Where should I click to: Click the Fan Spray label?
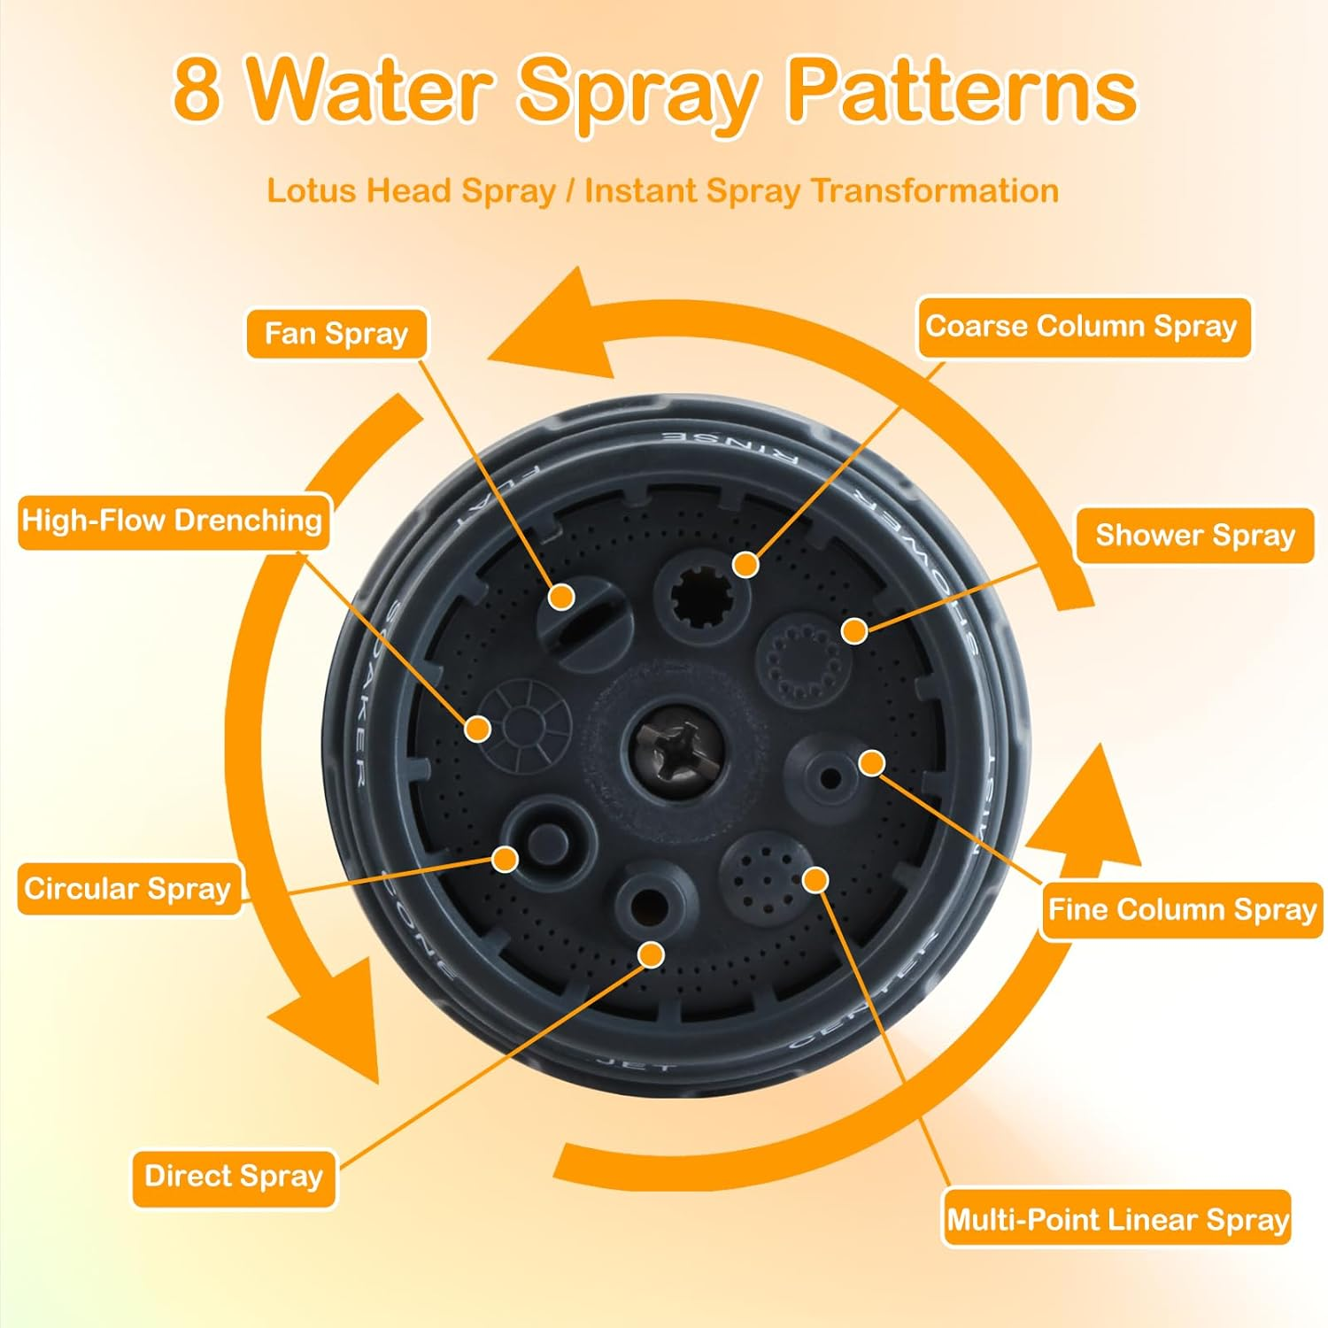(336, 334)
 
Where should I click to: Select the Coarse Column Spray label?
(1083, 327)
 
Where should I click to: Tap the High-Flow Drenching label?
(173, 521)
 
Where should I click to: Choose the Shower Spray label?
(1194, 536)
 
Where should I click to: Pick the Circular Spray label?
(128, 889)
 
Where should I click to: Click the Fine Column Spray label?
(1181, 910)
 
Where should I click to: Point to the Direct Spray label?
(234, 1177)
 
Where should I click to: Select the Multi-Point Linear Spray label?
(1116, 1220)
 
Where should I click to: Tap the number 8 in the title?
(197, 91)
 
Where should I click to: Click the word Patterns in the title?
(961, 91)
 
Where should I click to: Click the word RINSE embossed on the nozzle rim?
(731, 447)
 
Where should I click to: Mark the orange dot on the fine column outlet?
(872, 762)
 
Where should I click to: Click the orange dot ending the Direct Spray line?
(652, 954)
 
